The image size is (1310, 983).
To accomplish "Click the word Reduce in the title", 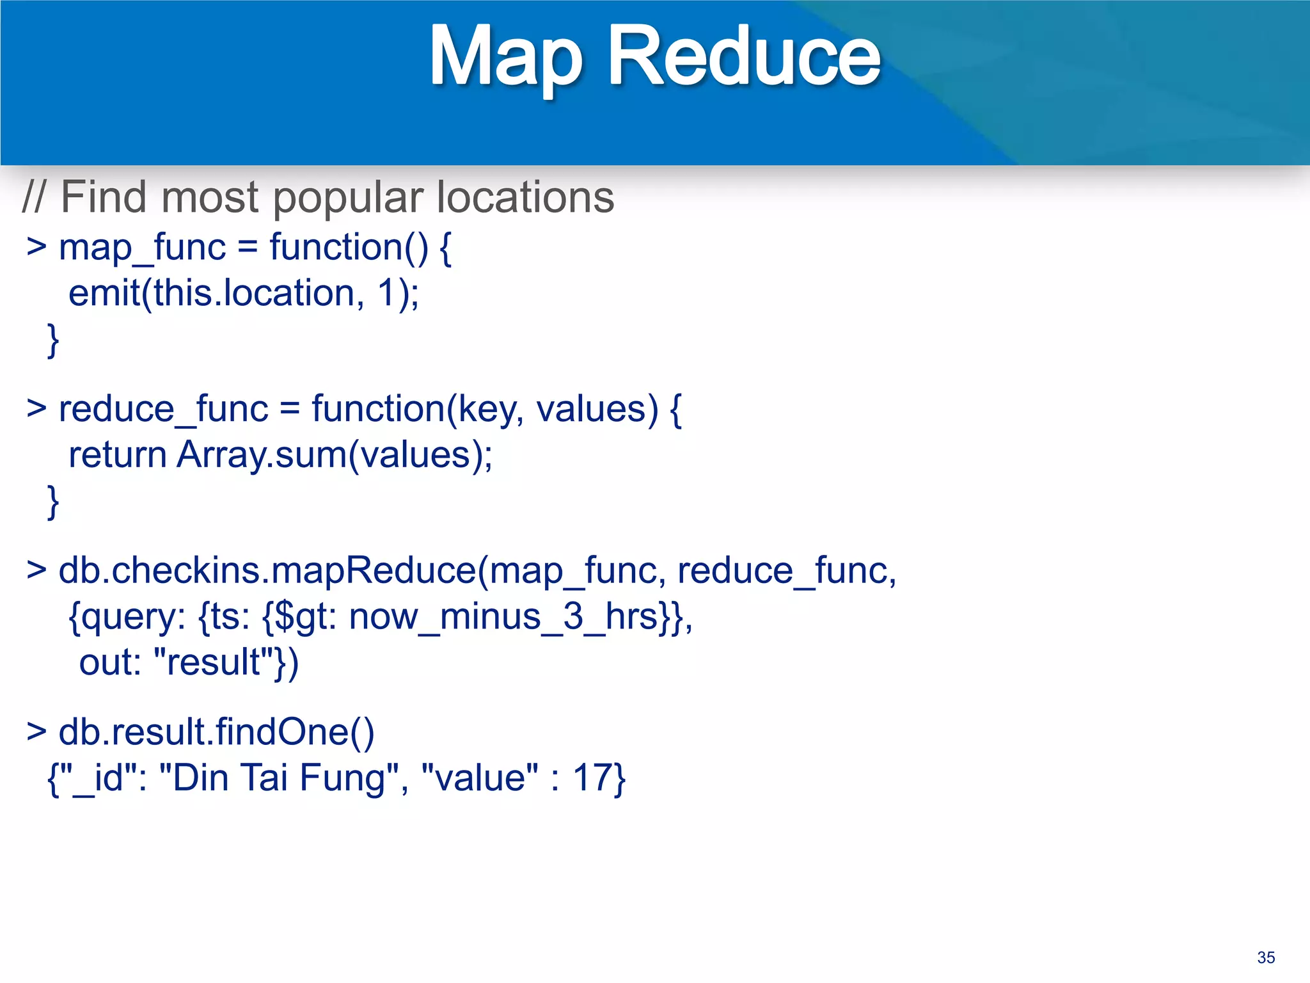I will click(x=744, y=56).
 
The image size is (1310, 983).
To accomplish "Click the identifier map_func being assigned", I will click(x=142, y=248).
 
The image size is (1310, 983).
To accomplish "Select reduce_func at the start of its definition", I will click(x=163, y=410).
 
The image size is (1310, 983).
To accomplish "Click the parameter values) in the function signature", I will click(x=597, y=410).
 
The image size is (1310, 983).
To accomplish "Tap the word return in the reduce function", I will click(x=118, y=456).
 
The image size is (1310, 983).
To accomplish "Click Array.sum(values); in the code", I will click(x=335, y=456).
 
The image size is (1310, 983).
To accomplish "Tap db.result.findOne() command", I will click(x=216, y=732).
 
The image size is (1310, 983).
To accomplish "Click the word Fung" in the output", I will click(x=349, y=778).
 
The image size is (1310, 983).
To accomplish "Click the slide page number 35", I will click(x=1266, y=957).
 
